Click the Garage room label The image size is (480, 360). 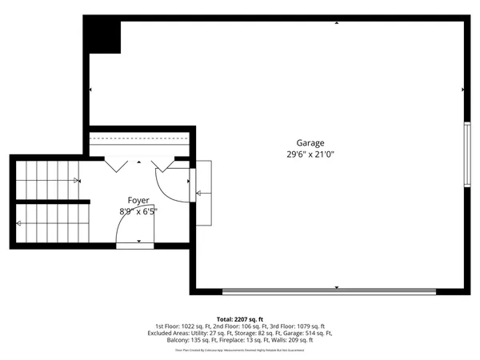(310, 143)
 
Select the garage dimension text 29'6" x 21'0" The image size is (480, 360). (310, 154)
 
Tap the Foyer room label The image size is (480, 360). (138, 200)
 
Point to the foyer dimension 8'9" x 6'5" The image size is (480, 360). (138, 211)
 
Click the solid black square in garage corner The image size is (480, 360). (102, 35)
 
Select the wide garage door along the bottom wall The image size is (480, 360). (329, 291)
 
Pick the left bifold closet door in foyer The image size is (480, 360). (118, 163)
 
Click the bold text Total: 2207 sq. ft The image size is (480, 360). (240, 318)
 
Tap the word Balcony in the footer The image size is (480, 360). (178, 340)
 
